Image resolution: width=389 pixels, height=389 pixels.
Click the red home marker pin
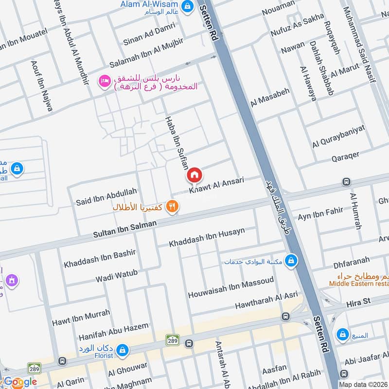tap(194, 175)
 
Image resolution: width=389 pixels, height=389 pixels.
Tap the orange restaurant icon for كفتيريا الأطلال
tap(172, 207)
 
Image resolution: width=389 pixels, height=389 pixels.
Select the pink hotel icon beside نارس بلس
tap(104, 81)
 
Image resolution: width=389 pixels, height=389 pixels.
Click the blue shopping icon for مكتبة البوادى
tap(291, 261)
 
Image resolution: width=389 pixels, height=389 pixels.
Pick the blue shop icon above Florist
tap(123, 349)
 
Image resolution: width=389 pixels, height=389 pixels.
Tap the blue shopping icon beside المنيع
tap(343, 335)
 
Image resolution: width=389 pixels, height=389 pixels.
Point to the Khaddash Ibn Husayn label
tap(207, 237)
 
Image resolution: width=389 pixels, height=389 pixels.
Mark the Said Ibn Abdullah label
tap(106, 196)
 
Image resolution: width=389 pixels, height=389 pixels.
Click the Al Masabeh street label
tap(270, 97)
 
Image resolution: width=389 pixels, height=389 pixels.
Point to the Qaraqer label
tap(345, 155)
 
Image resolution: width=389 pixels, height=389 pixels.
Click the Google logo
tap(19, 382)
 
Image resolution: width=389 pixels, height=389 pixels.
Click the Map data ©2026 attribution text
tap(363, 384)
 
